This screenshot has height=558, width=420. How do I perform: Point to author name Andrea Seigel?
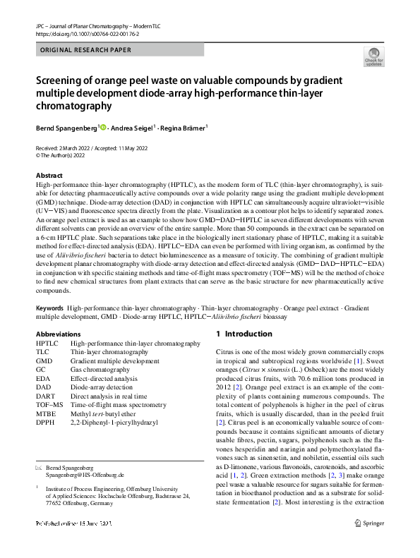134,128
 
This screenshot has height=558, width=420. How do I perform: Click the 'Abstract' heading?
49,176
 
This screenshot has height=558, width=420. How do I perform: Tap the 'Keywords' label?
50,309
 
